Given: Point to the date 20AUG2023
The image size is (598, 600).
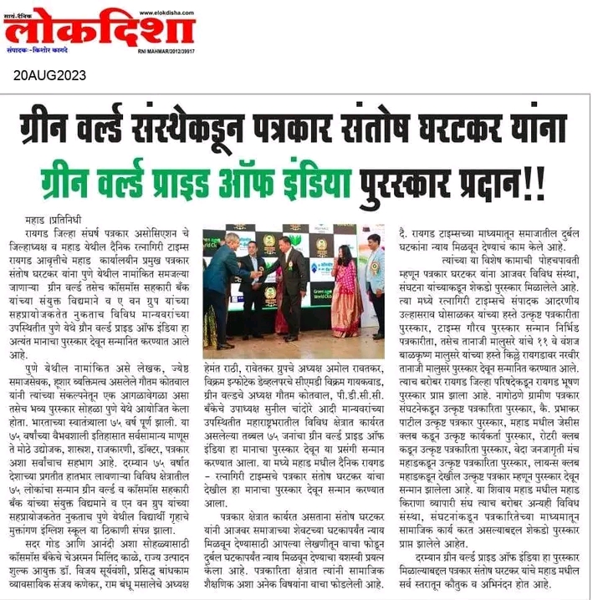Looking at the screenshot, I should point(49,75).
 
